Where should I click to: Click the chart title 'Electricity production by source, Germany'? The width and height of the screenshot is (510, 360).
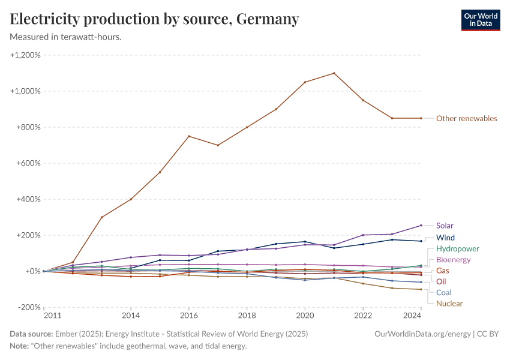click(x=154, y=19)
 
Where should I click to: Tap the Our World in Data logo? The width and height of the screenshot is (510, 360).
click(x=480, y=20)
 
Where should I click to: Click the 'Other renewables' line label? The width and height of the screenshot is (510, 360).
click(x=466, y=119)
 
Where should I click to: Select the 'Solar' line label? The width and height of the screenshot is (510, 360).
click(x=445, y=226)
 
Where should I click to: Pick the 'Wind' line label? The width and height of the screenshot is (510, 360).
click(x=445, y=238)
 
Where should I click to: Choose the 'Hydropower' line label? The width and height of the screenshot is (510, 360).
click(x=457, y=248)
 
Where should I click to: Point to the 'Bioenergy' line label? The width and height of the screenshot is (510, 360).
click(x=453, y=260)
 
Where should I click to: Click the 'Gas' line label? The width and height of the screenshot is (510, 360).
click(x=443, y=271)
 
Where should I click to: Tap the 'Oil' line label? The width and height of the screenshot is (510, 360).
click(x=441, y=281)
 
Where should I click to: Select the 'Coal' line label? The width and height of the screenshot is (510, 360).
click(x=443, y=292)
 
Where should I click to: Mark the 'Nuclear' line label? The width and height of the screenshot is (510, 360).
click(x=449, y=304)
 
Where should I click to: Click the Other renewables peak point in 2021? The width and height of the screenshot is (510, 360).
click(x=334, y=73)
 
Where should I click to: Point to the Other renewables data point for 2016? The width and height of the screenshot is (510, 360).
click(x=189, y=136)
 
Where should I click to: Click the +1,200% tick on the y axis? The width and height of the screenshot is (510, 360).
click(x=25, y=55)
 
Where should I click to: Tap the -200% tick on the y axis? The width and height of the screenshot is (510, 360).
click(x=26, y=307)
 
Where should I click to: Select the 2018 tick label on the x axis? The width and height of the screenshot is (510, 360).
click(x=247, y=315)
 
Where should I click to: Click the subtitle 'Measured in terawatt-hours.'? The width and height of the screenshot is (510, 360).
click(x=66, y=37)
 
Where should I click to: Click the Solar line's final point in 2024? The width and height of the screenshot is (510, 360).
click(x=421, y=226)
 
